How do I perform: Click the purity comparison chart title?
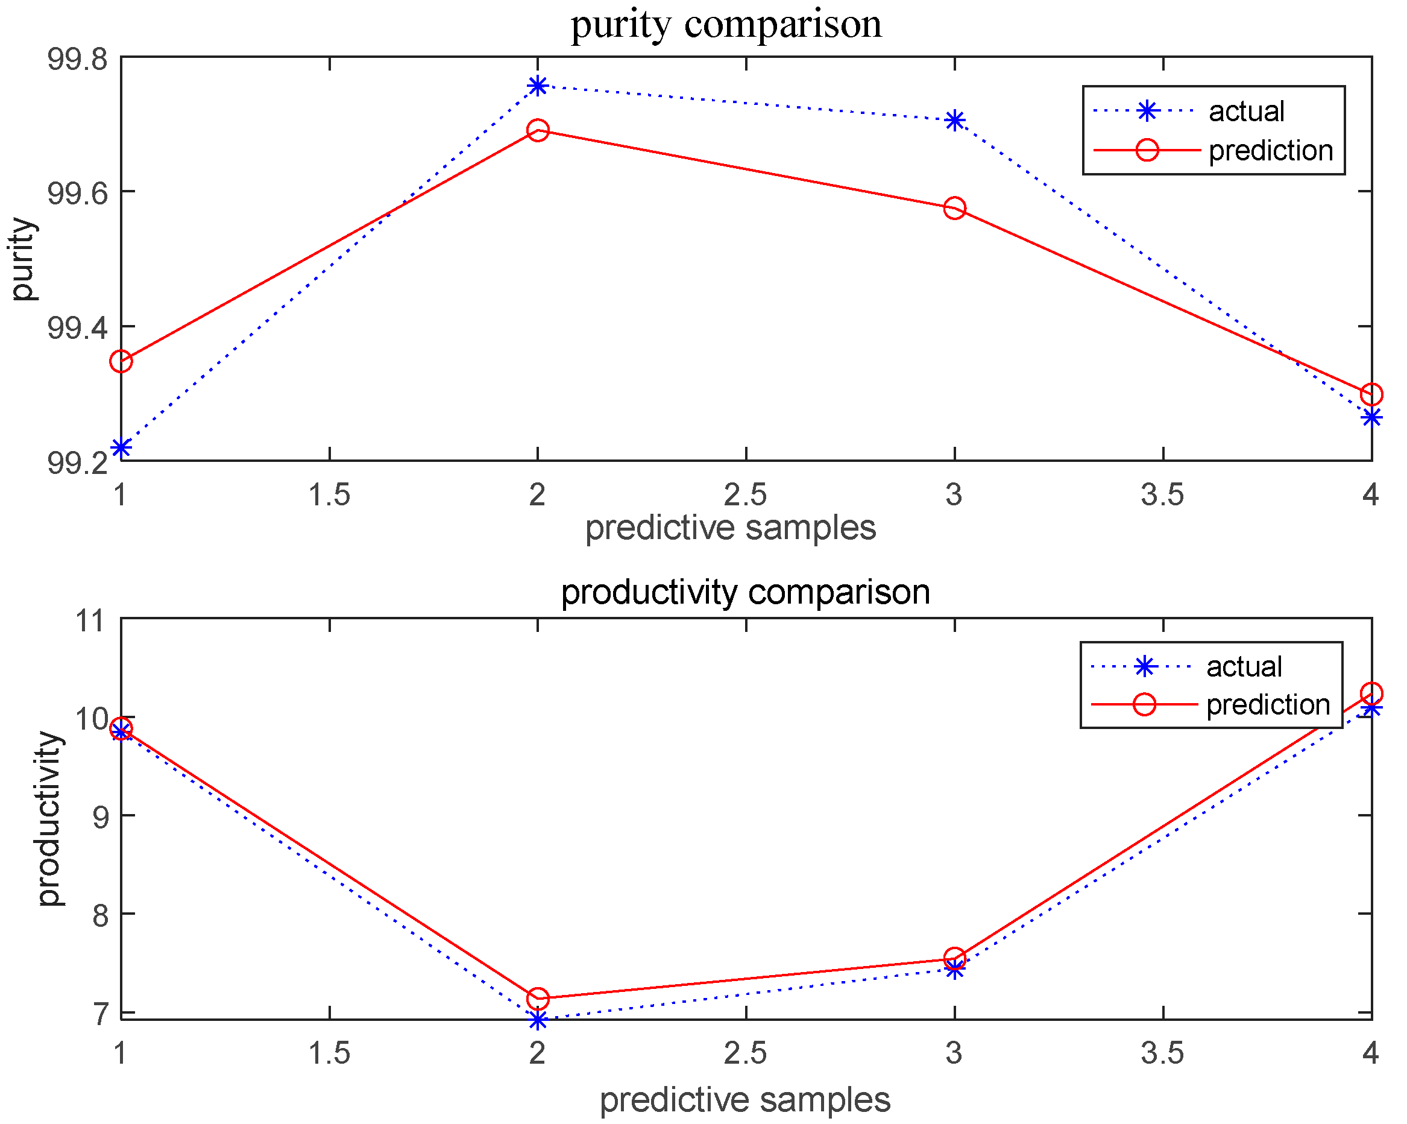tap(726, 25)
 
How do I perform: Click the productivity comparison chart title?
tap(745, 592)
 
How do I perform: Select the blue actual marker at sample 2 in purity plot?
tap(537, 86)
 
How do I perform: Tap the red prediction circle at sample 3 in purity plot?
tap(955, 209)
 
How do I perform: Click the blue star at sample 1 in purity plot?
tap(121, 447)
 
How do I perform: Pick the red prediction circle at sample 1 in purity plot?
tap(121, 361)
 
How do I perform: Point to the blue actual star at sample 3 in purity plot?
tap(955, 121)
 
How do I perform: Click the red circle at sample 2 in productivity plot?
tap(537, 998)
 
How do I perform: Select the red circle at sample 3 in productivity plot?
tap(955, 958)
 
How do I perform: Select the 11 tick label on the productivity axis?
tap(92, 620)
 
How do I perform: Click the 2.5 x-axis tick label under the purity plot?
tap(745, 495)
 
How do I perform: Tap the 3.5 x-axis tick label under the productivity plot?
tap(1162, 1053)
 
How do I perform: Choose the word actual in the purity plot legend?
tap(1246, 112)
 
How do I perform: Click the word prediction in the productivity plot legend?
tap(1267, 705)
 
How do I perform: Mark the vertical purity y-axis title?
tap(24, 259)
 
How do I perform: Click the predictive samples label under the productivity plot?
tap(745, 1100)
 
